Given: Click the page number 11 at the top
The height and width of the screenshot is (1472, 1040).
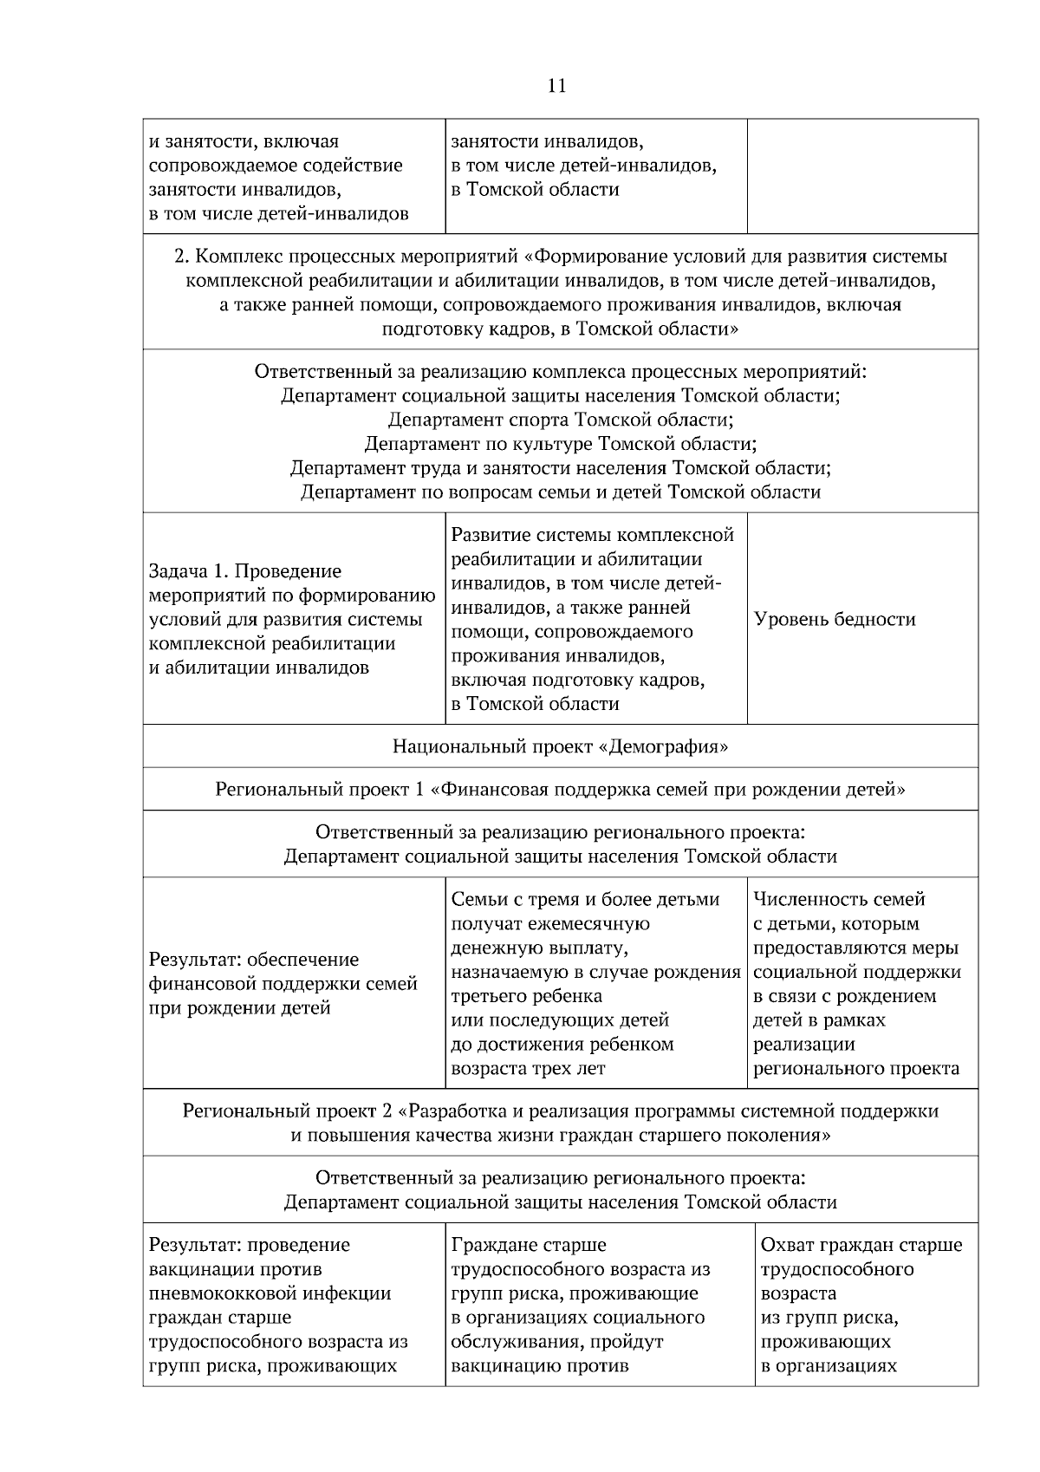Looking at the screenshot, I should click(556, 85).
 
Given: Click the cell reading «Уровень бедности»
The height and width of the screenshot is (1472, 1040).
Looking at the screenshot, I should click(834, 619).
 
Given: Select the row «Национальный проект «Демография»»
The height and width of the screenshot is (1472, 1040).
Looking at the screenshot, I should click(560, 746).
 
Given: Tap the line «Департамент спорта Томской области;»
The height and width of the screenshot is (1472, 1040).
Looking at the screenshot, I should click(560, 420).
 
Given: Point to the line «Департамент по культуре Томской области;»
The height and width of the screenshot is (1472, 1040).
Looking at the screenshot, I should click(560, 445).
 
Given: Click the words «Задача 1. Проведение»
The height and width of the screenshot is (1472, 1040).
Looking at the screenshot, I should click(245, 571).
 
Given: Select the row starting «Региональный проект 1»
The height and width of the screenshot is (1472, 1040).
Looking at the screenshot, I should click(560, 790).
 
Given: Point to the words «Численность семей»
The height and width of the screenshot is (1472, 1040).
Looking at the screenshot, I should click(839, 900).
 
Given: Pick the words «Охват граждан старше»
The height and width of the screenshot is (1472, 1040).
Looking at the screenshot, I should click(861, 1245).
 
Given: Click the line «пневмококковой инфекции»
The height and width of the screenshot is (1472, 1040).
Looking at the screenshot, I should click(270, 1293).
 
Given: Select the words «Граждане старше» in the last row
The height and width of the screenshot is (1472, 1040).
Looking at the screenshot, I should click(529, 1245).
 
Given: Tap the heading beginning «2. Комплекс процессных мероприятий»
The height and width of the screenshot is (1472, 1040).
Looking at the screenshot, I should click(560, 257).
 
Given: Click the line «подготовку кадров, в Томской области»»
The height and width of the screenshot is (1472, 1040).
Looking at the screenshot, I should click(560, 329).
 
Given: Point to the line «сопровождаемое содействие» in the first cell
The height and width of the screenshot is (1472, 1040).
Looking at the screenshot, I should click(276, 166).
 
